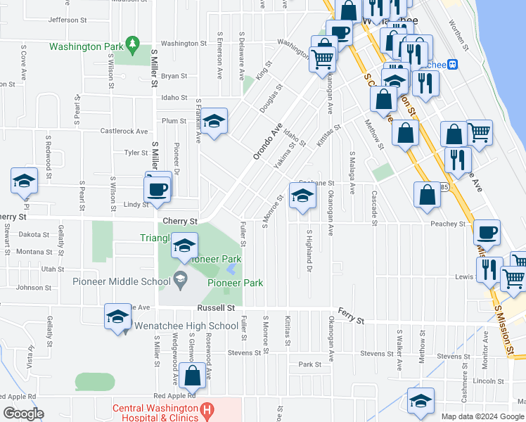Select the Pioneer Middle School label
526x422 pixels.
pos(121,282)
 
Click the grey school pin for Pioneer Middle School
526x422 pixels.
pos(181,281)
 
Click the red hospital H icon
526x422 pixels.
pos(207,409)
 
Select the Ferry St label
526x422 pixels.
pos(351,321)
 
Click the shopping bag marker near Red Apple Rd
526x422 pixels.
pos(193,377)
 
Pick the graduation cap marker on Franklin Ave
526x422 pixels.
pos(214,122)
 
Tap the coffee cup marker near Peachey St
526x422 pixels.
pos(487,232)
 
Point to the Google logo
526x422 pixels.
pos(23,414)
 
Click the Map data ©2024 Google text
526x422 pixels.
pos(482,416)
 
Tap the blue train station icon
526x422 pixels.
pos(454,64)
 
